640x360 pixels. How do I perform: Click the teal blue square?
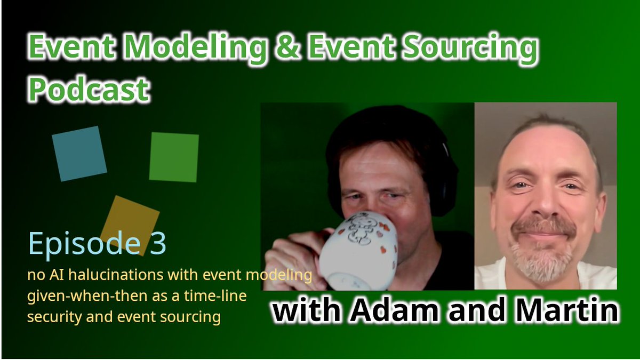point(79,154)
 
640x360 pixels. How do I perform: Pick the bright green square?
point(174,157)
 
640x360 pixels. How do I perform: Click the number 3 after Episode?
point(155,244)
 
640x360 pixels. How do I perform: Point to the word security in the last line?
point(50,317)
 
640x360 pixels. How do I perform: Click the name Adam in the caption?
point(415,311)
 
